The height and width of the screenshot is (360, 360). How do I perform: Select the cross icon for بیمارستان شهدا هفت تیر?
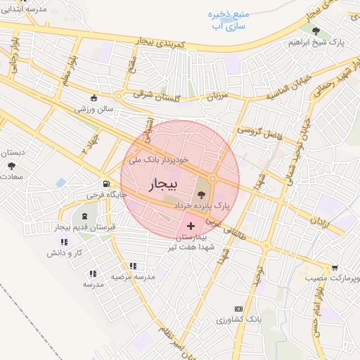192,225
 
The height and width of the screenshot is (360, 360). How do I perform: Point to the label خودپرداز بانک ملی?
158,160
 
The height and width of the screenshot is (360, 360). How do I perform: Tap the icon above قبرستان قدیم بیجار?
85,216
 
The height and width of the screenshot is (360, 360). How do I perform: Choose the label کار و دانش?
70,252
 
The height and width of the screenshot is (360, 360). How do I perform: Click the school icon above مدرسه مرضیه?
132,266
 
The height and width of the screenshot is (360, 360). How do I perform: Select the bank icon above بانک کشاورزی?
238,309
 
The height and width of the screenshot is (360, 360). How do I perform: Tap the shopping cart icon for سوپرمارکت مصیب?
335,268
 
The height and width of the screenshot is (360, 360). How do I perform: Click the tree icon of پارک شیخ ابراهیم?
316,31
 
